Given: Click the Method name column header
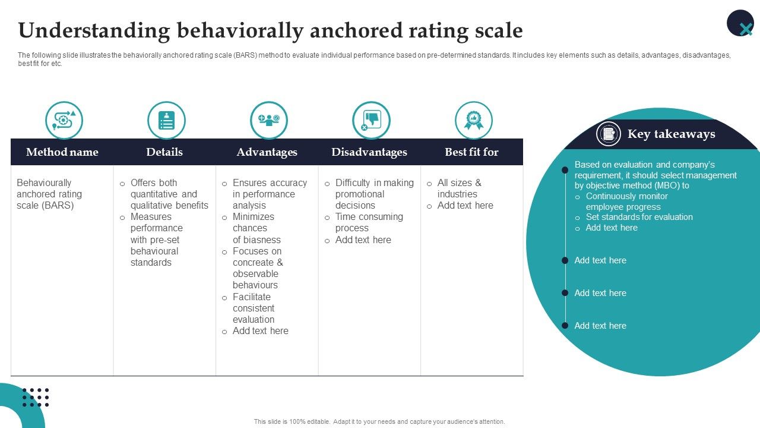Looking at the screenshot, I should (62, 152).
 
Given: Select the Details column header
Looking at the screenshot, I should (164, 152).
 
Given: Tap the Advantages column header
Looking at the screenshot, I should (267, 152).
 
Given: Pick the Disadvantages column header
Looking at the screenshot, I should (369, 152).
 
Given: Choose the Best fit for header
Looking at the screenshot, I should (471, 152).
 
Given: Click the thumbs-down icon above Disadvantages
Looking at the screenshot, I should (371, 120).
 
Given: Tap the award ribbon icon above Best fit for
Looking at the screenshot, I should (474, 120).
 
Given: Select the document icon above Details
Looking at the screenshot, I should (166, 120).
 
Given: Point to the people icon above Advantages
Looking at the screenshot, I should (269, 120).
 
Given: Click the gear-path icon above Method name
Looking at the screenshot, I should (64, 120).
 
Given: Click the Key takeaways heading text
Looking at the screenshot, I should (671, 134).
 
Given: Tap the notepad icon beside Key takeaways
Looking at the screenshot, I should (609, 134).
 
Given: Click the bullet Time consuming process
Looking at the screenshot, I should (368, 222).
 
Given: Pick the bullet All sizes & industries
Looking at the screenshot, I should (459, 188).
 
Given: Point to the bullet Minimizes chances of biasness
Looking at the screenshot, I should (256, 228).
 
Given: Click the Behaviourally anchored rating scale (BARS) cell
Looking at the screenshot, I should (49, 194).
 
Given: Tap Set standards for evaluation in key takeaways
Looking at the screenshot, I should (639, 217).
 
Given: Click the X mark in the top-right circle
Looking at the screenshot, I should (746, 28).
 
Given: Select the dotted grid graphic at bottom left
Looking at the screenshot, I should (36, 397).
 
